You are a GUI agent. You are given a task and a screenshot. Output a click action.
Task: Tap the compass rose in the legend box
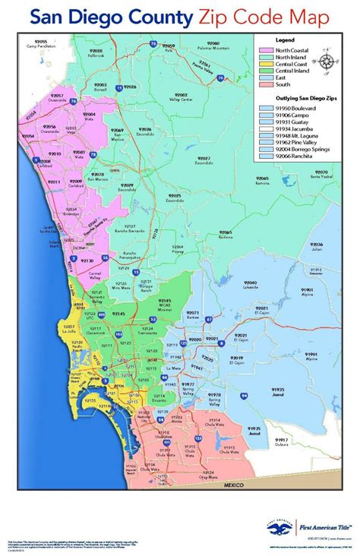tap(326, 62)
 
